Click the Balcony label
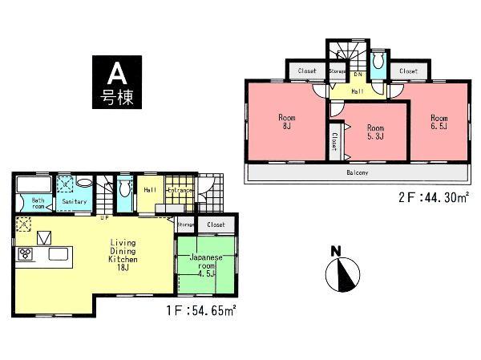pos(357,173)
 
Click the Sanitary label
pos(74,202)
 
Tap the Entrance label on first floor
pos(180,191)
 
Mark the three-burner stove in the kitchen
pos(25,255)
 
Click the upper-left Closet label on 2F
pos(306,71)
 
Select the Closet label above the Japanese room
pos(216,225)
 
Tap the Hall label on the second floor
pos(357,91)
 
